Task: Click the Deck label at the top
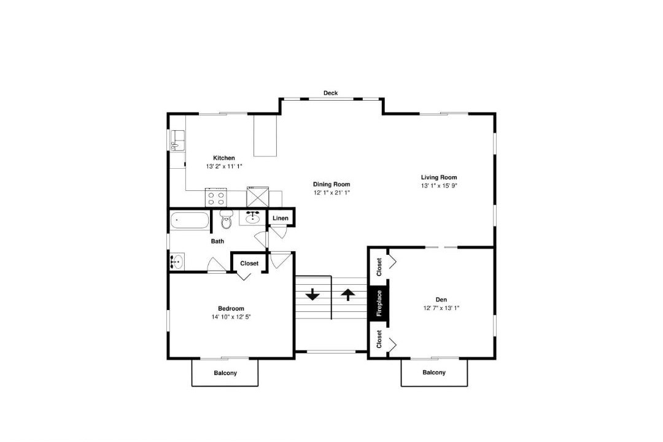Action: pos(331,93)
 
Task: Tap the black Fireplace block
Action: pos(379,303)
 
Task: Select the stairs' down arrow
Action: pos(312,294)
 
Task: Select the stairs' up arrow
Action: pos(348,294)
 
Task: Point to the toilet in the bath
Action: pos(227,219)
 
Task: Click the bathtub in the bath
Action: pos(190,221)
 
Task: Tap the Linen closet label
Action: pos(281,219)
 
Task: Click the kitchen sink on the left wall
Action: pos(178,140)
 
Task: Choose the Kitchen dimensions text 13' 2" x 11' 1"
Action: pos(224,166)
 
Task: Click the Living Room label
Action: pos(439,177)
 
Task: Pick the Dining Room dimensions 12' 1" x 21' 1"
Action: pos(331,193)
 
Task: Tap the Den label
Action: pos(441,300)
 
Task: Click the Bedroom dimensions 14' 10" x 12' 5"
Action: pos(231,317)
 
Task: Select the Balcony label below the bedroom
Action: pos(225,373)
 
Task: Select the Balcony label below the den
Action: pos(434,373)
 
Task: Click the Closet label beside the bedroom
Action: pos(249,263)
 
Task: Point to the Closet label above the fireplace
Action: pos(379,267)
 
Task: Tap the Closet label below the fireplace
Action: pos(379,339)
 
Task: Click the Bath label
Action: pos(218,241)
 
